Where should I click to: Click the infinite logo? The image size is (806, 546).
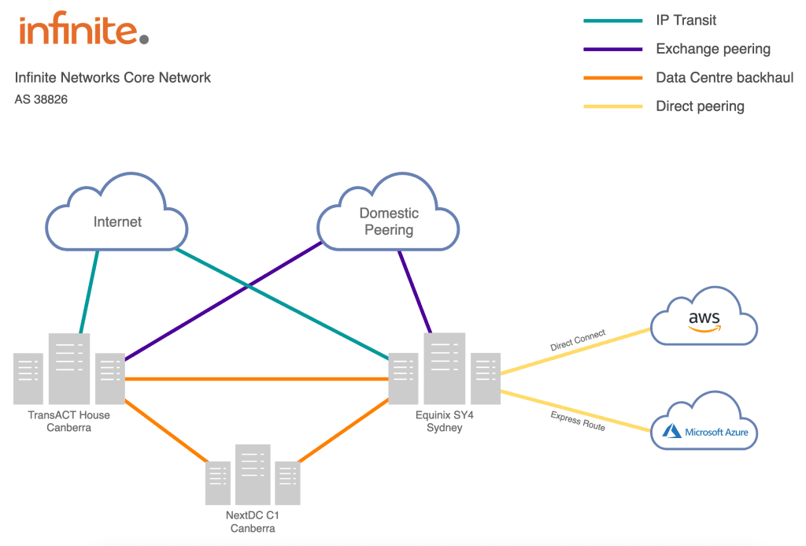click(83, 31)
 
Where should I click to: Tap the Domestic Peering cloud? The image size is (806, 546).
click(388, 221)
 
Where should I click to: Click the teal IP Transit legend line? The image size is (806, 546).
click(612, 21)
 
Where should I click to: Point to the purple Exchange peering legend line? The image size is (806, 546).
click(612, 50)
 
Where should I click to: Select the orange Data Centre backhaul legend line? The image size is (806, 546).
click(612, 78)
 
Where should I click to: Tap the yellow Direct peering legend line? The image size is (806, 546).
click(612, 106)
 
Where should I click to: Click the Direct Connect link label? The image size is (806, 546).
click(577, 340)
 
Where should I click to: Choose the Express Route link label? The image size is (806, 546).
click(577, 421)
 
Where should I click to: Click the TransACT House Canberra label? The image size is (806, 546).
click(68, 422)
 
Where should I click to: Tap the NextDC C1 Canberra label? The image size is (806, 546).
click(253, 522)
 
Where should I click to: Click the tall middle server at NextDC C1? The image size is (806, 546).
click(253, 474)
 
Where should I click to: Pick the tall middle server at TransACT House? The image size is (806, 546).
click(69, 369)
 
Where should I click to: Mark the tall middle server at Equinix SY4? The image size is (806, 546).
click(445, 369)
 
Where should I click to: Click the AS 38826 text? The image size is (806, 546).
click(41, 100)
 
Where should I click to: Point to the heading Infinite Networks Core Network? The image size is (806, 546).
click(113, 78)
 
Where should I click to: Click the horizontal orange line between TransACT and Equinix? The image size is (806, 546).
click(256, 379)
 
